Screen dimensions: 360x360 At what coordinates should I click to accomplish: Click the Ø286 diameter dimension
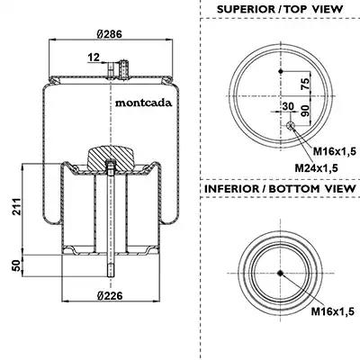coord(110,34)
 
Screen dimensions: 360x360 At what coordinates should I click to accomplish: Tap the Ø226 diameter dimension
coord(110,296)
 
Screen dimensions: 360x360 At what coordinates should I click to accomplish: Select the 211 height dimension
coord(17,206)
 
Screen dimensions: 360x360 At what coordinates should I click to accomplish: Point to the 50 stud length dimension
coord(17,265)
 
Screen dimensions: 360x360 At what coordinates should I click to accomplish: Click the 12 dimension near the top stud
coord(94,57)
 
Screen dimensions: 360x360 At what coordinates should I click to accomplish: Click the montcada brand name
coord(144,103)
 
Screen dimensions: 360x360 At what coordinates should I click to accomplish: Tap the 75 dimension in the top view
coord(304,84)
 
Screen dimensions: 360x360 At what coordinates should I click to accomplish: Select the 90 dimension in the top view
coord(304,111)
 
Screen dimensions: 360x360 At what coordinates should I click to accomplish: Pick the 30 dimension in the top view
coord(288,106)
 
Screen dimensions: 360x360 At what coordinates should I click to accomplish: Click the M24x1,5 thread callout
coord(316,168)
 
